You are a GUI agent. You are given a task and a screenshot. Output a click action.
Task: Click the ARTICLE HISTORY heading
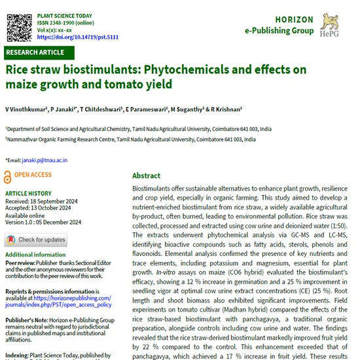coord(27,194)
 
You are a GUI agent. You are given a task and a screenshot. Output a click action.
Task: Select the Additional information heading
coord(35,254)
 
